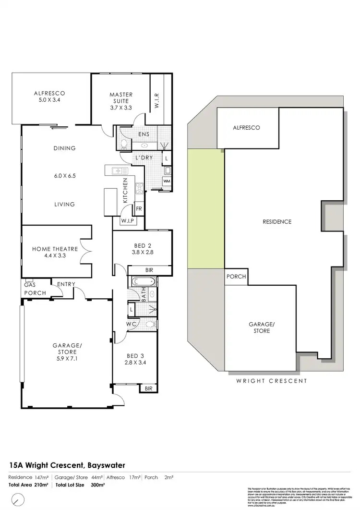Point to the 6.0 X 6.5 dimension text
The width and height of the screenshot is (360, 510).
(x=64, y=176)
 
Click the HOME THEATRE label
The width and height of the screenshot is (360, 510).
(x=55, y=249)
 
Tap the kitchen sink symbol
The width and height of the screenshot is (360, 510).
(x=117, y=171)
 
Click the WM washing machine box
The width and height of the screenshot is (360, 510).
(x=167, y=181)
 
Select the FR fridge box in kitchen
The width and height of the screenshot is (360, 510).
(x=139, y=209)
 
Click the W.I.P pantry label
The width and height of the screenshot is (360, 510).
(x=127, y=221)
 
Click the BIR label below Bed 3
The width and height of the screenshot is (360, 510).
(x=148, y=388)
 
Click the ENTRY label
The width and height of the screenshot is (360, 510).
(x=66, y=285)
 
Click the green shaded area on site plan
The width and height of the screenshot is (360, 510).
(x=205, y=209)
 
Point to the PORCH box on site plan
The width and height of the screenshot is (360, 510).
(x=236, y=277)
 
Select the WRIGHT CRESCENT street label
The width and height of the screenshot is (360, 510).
(x=271, y=381)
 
